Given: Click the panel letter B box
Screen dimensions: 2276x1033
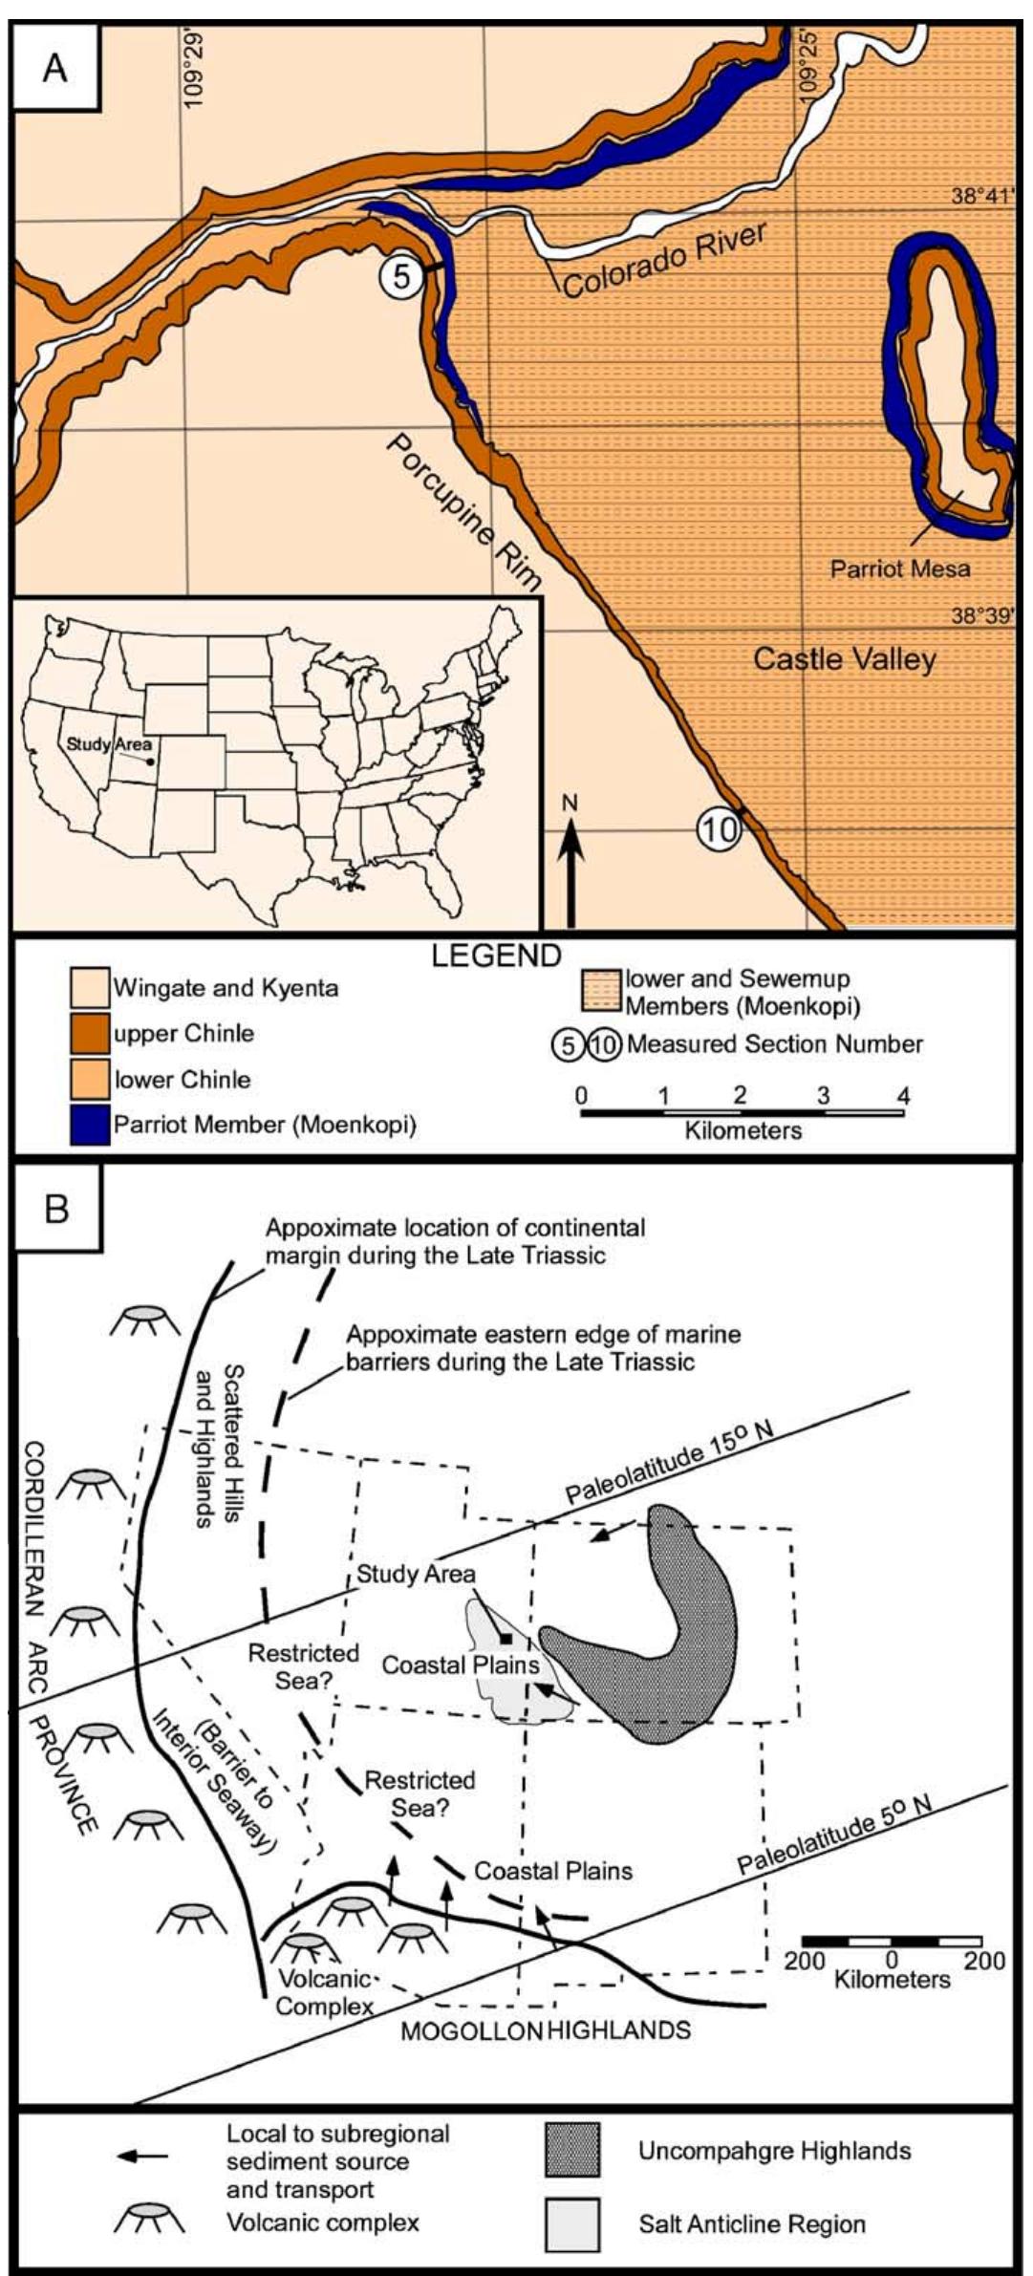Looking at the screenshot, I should (x=56, y=1209).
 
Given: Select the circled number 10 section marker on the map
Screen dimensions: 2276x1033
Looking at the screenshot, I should (x=719, y=828).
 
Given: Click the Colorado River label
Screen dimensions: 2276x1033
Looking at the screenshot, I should (x=665, y=259).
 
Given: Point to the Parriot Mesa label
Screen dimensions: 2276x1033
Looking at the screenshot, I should (x=899, y=569).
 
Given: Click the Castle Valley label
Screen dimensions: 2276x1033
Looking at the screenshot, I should (x=845, y=658).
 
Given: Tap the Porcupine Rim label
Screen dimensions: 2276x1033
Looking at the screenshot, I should (x=463, y=512).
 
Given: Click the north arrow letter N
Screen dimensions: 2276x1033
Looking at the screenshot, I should (x=570, y=804).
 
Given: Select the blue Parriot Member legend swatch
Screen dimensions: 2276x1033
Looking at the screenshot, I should (x=90, y=1125).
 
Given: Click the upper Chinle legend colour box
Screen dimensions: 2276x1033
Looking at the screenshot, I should (x=90, y=1034).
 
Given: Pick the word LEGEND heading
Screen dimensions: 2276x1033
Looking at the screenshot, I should (x=496, y=956).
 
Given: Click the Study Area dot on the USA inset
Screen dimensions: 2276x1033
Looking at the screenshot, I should (x=151, y=762).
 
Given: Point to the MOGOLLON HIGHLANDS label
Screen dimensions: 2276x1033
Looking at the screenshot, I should (x=545, y=2029).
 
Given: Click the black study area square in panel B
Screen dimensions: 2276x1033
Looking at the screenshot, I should (x=506, y=1638).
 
